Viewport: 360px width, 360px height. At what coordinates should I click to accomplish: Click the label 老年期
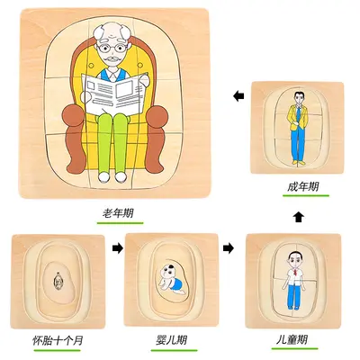pyautogui.click(x=118, y=213)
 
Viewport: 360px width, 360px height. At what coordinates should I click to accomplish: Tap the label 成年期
pyautogui.click(x=302, y=187)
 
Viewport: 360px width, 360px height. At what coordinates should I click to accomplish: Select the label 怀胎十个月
pyautogui.click(x=58, y=340)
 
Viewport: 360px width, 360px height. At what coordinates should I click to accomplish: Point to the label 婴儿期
pyautogui.click(x=171, y=340)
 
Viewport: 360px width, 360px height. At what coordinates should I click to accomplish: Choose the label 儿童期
pyautogui.click(x=292, y=340)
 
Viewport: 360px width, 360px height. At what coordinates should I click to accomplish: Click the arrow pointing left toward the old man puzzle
pyautogui.click(x=238, y=96)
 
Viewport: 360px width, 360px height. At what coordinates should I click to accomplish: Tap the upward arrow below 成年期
pyautogui.click(x=298, y=217)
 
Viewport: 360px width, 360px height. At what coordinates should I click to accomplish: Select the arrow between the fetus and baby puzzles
pyautogui.click(x=118, y=248)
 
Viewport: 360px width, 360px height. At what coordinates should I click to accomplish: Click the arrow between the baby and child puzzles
pyautogui.click(x=229, y=248)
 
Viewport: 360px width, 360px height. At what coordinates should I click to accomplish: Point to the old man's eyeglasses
pyautogui.click(x=112, y=48)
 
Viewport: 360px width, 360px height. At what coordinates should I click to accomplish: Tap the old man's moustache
pyautogui.click(x=112, y=58)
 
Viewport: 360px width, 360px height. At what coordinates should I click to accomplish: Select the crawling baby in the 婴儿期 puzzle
pyautogui.click(x=169, y=280)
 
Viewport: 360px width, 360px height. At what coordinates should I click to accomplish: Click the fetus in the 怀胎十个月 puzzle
pyautogui.click(x=58, y=282)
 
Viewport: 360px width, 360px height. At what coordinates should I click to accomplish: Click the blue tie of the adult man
pyautogui.click(x=299, y=115)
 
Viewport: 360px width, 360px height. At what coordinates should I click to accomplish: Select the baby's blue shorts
pyautogui.click(x=179, y=284)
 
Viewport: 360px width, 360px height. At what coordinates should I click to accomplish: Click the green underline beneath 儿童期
pyautogui.click(x=294, y=348)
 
